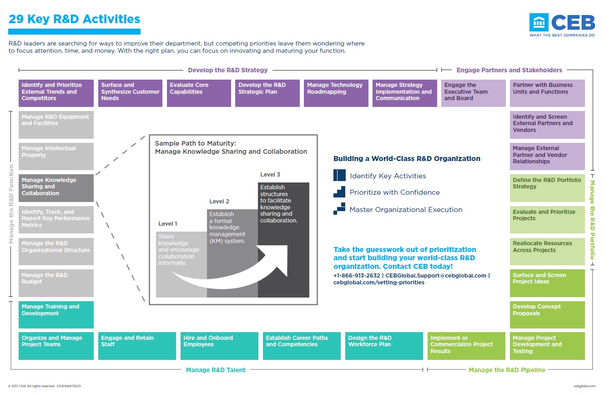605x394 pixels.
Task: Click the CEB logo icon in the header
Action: [539, 22]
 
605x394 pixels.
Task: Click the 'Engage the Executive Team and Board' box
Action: [473, 93]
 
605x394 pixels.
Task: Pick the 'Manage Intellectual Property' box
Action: [56, 156]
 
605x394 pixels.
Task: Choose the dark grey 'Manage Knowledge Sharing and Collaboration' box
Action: [56, 188]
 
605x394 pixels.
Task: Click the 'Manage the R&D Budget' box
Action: [56, 283]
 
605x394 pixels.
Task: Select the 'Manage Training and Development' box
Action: [56, 314]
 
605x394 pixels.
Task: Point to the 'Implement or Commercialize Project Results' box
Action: [466, 346]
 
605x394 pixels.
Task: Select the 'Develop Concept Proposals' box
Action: [547, 314]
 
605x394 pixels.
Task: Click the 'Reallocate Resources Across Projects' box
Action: [547, 251]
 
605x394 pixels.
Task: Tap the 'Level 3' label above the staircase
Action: [270, 175]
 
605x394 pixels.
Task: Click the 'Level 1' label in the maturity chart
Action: [168, 224]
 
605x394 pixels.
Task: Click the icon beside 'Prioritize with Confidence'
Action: [339, 192]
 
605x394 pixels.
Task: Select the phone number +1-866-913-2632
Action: [357, 276]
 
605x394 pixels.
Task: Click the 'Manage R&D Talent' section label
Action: [216, 370]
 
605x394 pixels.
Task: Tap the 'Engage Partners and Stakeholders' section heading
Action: [509, 70]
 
